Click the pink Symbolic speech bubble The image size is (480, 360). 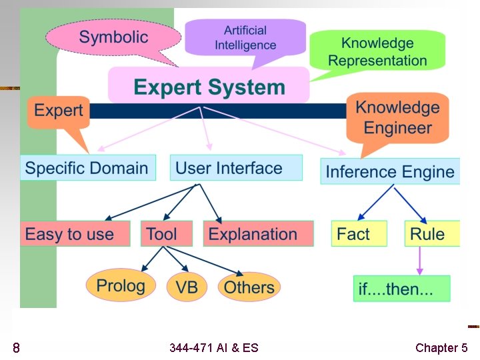point(113,37)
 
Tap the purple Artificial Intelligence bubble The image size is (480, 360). point(245,37)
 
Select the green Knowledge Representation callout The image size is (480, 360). point(377,52)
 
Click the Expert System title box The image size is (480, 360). point(209,87)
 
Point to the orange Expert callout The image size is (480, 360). point(58,111)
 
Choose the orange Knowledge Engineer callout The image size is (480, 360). point(397,117)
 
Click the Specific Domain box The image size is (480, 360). point(87,167)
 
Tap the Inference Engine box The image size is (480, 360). point(390,171)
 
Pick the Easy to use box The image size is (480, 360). point(69,234)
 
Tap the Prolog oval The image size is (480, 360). point(120,286)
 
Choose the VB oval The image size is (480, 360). point(187,287)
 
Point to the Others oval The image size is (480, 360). point(249,287)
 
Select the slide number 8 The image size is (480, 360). point(16,347)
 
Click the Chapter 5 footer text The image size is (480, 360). point(441,347)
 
